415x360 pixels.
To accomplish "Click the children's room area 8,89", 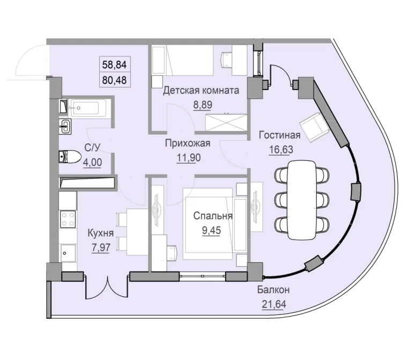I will (202, 105).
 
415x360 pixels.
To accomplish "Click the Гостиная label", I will (279, 135).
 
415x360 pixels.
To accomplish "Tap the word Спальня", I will (213, 216).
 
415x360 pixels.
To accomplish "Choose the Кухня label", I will (101, 233).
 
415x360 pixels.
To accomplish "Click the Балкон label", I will (273, 290).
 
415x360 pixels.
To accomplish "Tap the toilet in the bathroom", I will (69, 156).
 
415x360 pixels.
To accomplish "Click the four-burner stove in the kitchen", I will (68, 219).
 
